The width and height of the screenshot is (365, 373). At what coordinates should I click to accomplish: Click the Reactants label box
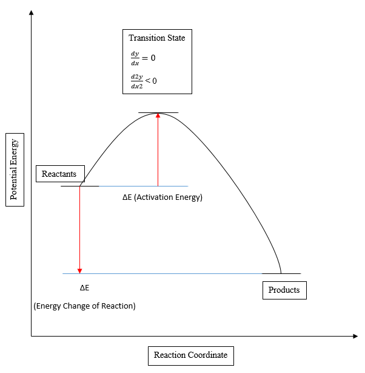[x=59, y=174]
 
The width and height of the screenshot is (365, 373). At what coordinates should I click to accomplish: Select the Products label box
[x=284, y=290]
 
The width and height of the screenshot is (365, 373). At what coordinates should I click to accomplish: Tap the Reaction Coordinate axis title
[x=190, y=355]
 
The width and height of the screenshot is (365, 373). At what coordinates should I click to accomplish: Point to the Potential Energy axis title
[x=15, y=169]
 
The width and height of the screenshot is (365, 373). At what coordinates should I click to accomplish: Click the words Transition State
[x=157, y=38]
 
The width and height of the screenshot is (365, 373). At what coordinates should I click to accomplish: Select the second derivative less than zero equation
[x=144, y=80]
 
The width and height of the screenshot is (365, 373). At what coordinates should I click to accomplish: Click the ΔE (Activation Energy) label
[x=162, y=197]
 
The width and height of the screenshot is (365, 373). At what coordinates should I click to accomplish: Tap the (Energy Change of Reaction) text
[x=84, y=306]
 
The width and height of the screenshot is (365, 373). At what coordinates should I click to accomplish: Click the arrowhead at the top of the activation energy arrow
[x=158, y=116]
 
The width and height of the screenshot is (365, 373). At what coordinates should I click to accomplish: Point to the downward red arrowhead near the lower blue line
[x=79, y=270]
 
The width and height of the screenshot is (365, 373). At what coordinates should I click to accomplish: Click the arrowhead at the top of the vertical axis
[x=31, y=12]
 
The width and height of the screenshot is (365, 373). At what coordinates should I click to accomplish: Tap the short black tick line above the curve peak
[x=158, y=112]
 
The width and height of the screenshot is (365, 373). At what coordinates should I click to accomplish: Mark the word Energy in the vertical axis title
[x=15, y=154]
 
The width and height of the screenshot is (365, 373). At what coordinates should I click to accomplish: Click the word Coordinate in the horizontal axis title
[x=207, y=355]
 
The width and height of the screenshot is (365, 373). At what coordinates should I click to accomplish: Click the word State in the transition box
[x=175, y=38]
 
